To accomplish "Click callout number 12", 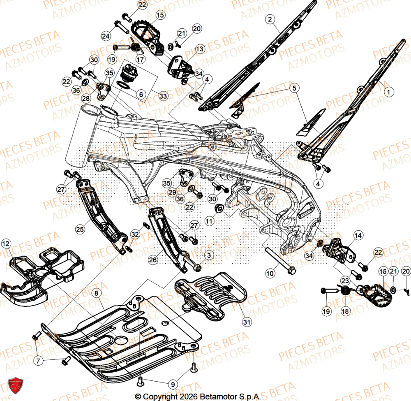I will click(5, 244).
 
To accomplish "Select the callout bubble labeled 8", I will click(95, 294).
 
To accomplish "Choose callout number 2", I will click(270, 19).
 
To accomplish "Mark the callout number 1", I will click(387, 93).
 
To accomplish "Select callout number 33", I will click(163, 96).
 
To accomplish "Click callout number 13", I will click(199, 49).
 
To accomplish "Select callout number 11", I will click(210, 221).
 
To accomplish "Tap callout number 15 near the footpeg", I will click(160, 15).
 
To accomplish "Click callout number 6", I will click(141, 94).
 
